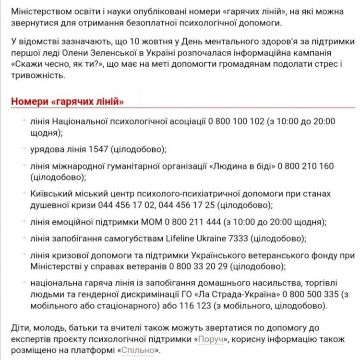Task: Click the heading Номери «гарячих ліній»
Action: coord(67,102)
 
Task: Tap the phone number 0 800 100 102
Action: coord(236,121)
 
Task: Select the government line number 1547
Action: coord(98,149)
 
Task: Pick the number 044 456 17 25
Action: coord(189,205)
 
